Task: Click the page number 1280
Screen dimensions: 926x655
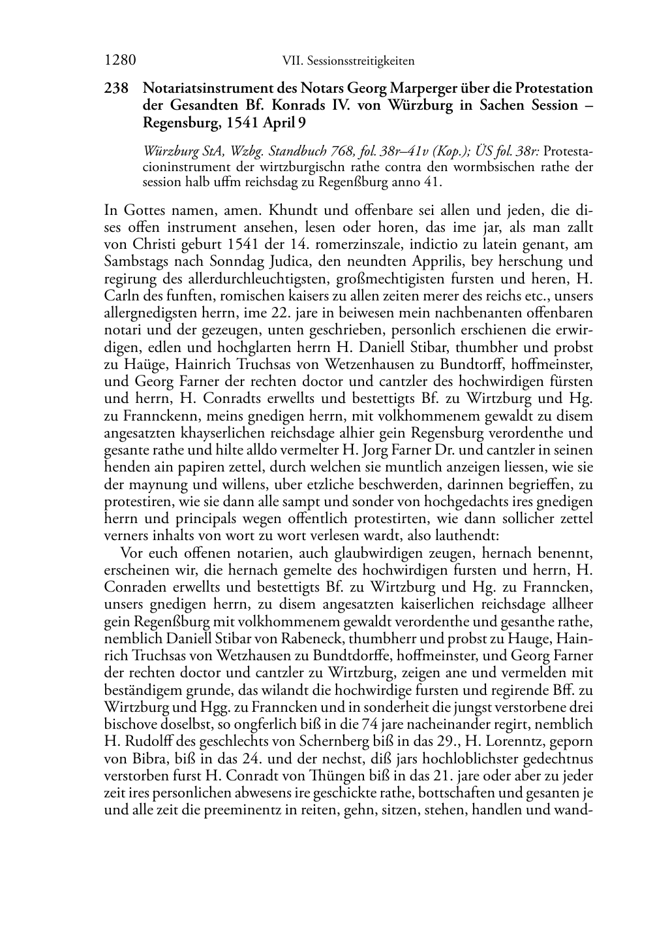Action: click(119, 61)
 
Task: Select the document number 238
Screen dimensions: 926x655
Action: click(116, 88)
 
